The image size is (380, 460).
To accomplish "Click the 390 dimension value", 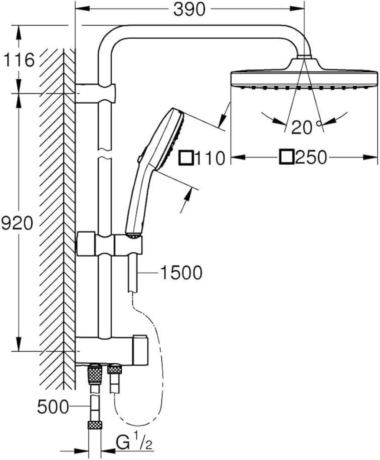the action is point(189,9).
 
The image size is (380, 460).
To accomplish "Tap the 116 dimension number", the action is point(19,60).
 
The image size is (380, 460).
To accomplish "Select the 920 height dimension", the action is point(17,224).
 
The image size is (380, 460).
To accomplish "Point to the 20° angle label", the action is point(305,127).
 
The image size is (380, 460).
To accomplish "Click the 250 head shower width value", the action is point(311,157).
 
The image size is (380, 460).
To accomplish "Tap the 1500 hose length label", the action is point(181,273).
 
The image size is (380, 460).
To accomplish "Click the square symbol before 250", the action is point(287,157).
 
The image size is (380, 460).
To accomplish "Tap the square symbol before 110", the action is point(186,158).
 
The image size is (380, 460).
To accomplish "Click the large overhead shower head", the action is point(304,73).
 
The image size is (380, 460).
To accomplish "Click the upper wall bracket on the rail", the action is point(95,93).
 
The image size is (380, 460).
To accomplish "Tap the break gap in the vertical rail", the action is point(105,153).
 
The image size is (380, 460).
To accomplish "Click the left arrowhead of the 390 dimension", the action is point(82,9).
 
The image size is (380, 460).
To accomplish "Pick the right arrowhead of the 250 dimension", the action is point(371,157).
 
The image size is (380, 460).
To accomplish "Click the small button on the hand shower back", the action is point(140,158).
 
